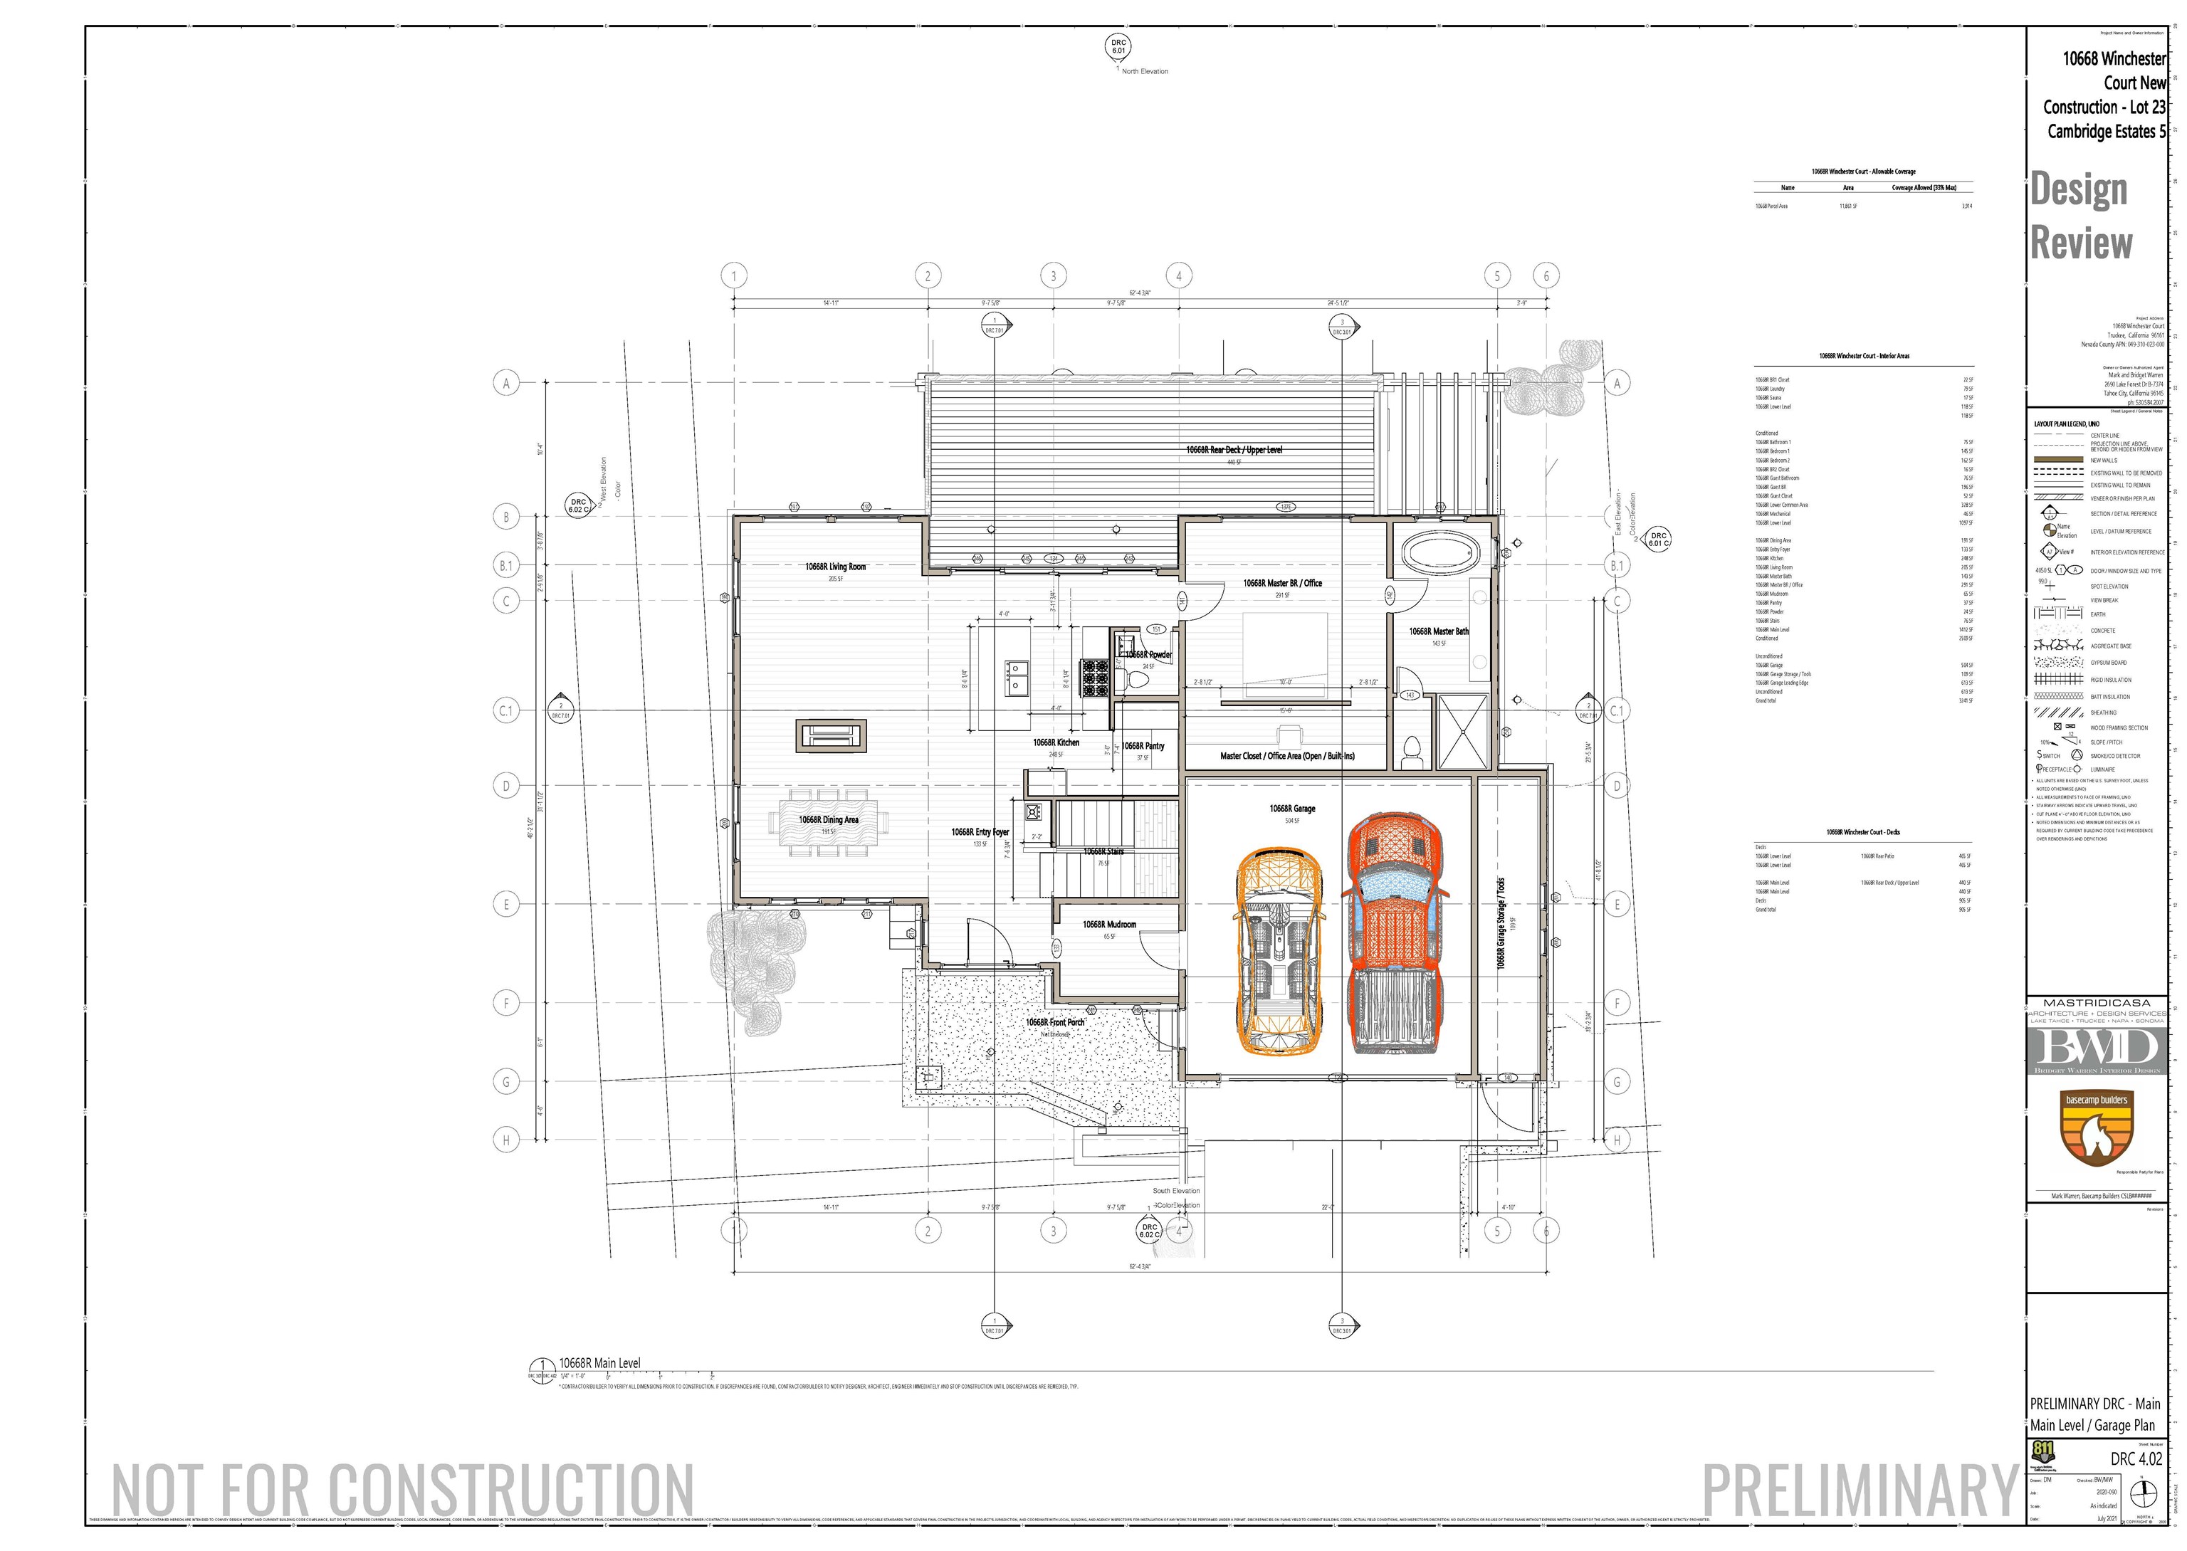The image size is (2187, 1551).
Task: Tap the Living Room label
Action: [834, 567]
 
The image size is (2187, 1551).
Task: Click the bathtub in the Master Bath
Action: [1439, 553]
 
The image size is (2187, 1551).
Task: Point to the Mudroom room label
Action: [1108, 925]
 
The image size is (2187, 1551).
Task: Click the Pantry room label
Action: [1143, 746]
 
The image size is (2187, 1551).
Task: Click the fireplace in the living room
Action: [831, 735]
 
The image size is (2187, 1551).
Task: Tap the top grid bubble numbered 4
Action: [1178, 276]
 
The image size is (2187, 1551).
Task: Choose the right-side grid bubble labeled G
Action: [1617, 1082]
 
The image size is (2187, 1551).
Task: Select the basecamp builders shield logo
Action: [2097, 1128]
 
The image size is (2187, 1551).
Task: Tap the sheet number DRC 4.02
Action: [2136, 1458]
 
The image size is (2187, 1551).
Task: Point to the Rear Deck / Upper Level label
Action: [1234, 450]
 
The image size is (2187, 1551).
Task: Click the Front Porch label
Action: [1054, 1022]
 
